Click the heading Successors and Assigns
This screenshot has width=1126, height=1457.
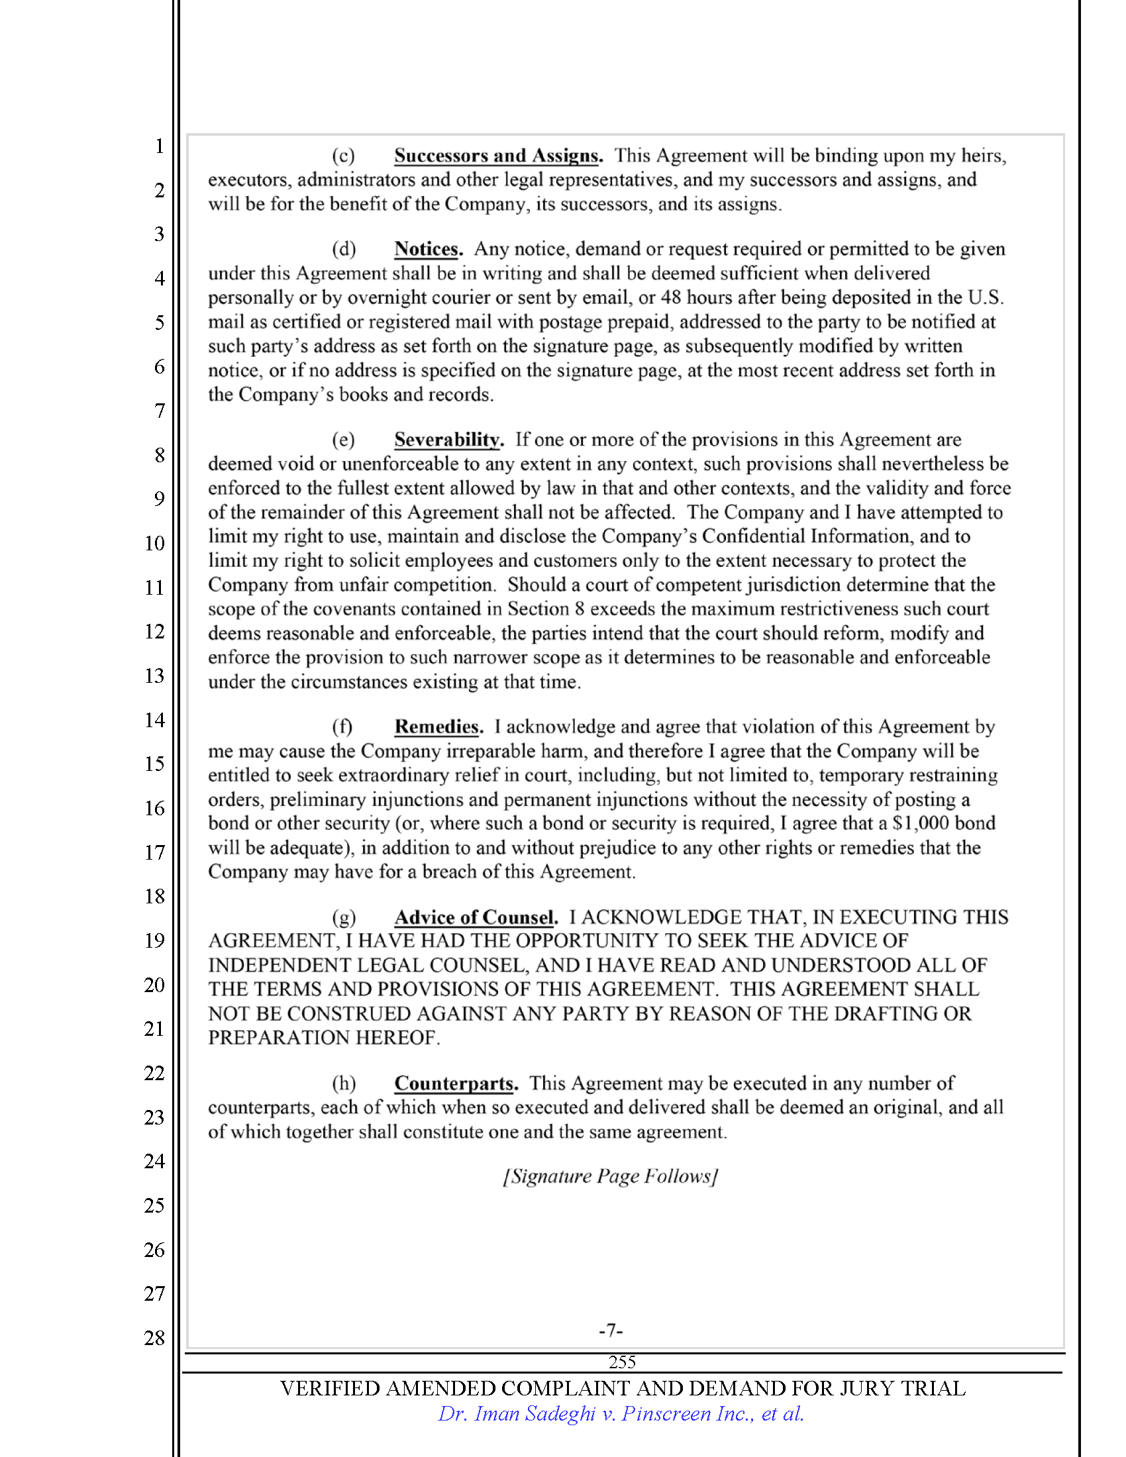[497, 156]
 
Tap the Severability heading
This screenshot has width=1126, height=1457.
[448, 440]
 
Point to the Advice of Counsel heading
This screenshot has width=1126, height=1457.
[475, 917]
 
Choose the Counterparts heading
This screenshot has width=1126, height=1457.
[455, 1083]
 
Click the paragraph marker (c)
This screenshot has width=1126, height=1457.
[344, 156]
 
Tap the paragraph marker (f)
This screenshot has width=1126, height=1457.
[342, 727]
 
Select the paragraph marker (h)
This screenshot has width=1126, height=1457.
[344, 1083]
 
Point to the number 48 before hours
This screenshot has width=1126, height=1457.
[670, 297]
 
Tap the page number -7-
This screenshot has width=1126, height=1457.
[611, 1331]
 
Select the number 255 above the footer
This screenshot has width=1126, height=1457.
[622, 1362]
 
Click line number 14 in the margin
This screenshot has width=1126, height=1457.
[155, 720]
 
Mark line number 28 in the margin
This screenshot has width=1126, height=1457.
[155, 1338]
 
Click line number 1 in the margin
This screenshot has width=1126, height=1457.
[159, 146]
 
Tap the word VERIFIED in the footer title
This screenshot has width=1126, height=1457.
[330, 1388]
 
